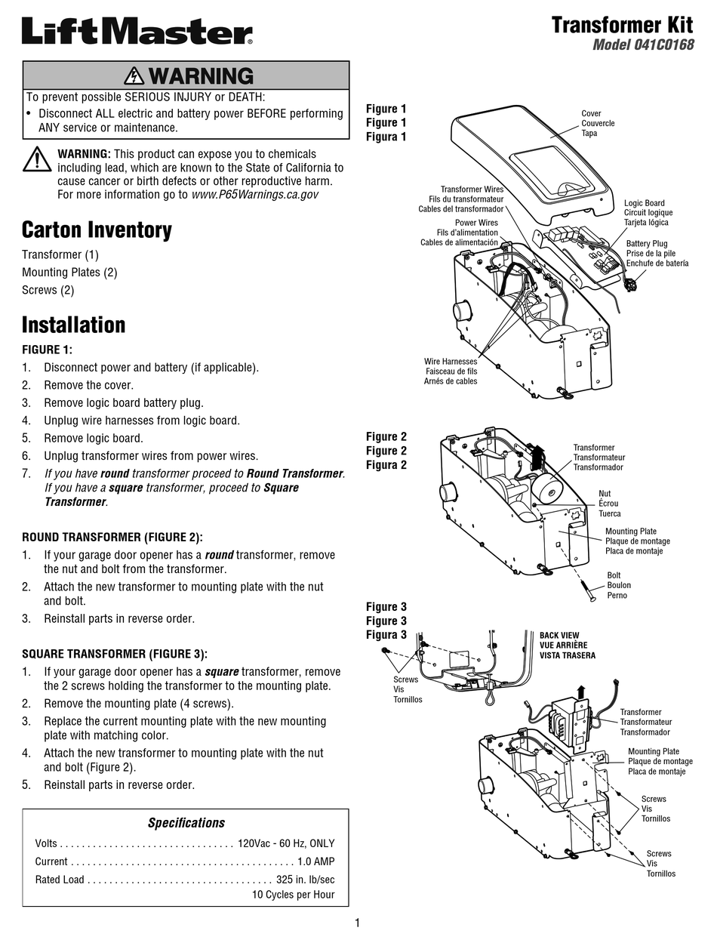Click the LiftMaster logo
pos(137,32)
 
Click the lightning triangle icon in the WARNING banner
pos(134,76)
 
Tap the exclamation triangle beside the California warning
pos(36,160)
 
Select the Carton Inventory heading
pos(97,230)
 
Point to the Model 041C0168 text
pos(642,45)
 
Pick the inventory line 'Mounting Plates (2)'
pos(69,273)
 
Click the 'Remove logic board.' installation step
pos(93,438)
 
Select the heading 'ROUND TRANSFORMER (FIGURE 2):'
pos(112,538)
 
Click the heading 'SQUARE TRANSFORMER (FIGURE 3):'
pos(114,654)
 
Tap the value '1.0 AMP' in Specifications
pos(315,861)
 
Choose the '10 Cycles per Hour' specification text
pos(293,895)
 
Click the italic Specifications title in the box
pos(186,823)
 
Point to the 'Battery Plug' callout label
pos(647,244)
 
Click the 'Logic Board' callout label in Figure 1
pos(644,203)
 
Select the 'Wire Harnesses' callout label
pos(451,362)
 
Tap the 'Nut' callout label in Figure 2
pos(605,494)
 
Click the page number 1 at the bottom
pos(357,923)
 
